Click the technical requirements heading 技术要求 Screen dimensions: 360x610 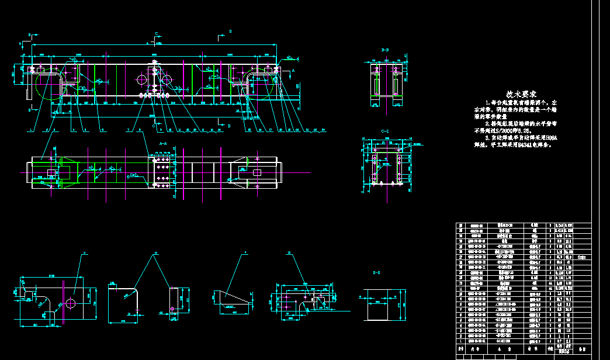(522, 94)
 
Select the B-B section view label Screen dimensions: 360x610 (385, 51)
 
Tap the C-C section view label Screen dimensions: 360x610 (385, 131)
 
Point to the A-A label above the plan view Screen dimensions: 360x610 (163, 143)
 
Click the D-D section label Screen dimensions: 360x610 (376, 272)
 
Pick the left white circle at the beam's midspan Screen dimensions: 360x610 (142, 79)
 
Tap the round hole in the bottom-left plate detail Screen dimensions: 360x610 (71, 303)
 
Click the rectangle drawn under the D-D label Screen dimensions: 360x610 (383, 304)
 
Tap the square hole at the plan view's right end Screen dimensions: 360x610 (257, 173)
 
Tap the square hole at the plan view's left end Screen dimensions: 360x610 (51, 173)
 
